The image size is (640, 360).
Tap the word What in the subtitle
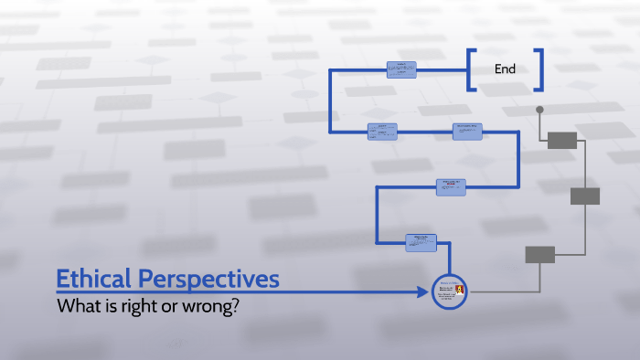coord(77,307)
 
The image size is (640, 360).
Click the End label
coord(505,69)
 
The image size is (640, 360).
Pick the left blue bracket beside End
coord(471,69)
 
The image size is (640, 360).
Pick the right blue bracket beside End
coord(539,69)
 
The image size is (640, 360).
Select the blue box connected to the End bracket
coord(400,69)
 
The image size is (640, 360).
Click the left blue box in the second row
coord(382,132)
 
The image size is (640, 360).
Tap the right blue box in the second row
coord(467,132)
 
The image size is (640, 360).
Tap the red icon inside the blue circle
coord(460,291)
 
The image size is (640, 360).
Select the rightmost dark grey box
coord(585,196)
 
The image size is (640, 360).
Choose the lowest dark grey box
coord(539,254)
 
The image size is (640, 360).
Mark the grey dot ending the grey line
coord(539,110)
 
